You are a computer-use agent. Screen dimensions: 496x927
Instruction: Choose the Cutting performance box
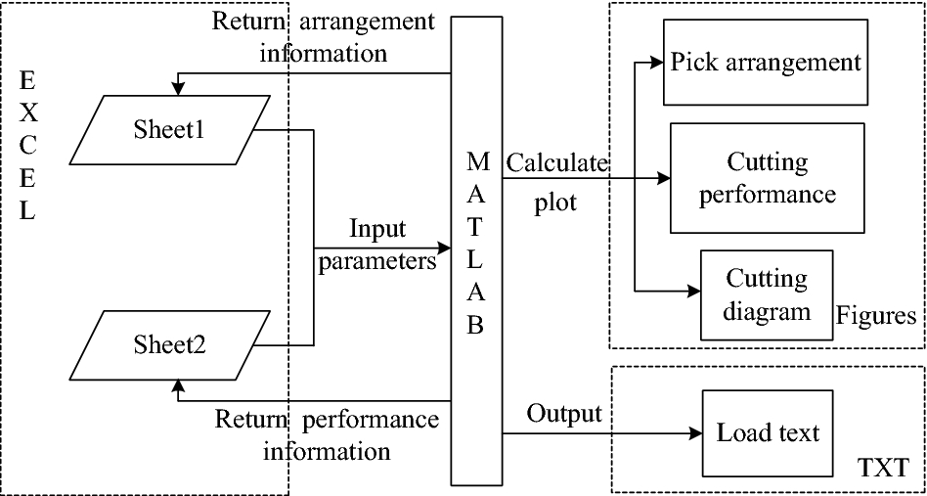767,177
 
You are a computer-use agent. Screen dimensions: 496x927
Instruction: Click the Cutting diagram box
767,295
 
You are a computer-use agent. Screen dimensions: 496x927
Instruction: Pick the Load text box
768,432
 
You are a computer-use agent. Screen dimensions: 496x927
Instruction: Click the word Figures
876,316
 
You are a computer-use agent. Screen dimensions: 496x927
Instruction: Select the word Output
564,413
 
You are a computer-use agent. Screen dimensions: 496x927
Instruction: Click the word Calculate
556,162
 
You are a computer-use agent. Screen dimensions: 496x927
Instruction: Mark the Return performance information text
327,435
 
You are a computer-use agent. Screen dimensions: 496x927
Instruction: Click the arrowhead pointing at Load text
697,432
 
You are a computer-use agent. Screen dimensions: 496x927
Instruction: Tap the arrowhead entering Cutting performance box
664,179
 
